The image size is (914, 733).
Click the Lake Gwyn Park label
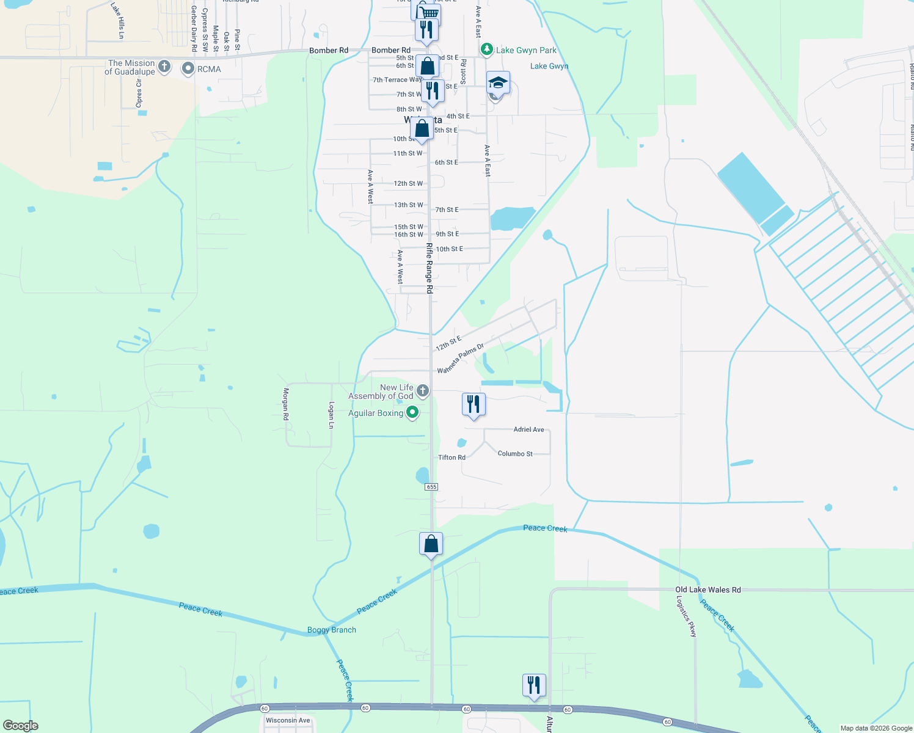tap(526, 50)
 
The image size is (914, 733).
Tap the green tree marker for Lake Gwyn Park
tap(487, 49)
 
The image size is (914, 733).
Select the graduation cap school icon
tap(498, 82)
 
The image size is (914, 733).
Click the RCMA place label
tap(209, 69)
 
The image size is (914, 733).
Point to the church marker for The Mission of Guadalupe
tap(164, 67)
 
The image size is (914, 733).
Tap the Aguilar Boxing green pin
tap(412, 413)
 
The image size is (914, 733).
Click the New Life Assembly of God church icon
tap(422, 390)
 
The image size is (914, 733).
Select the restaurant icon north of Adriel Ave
tap(473, 404)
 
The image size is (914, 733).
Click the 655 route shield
tap(432, 487)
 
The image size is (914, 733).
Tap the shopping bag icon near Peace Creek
tap(431, 543)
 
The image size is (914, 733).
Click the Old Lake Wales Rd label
tap(707, 589)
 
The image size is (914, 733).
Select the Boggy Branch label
tap(331, 630)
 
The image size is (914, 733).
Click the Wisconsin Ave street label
tap(288, 720)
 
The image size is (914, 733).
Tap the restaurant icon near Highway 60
tap(534, 685)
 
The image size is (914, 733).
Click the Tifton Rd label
tap(452, 458)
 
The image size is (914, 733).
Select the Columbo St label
tap(515, 454)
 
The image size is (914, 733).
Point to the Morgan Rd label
tap(285, 404)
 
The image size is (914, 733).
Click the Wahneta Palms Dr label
tap(460, 359)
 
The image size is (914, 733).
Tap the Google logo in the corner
tap(21, 726)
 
